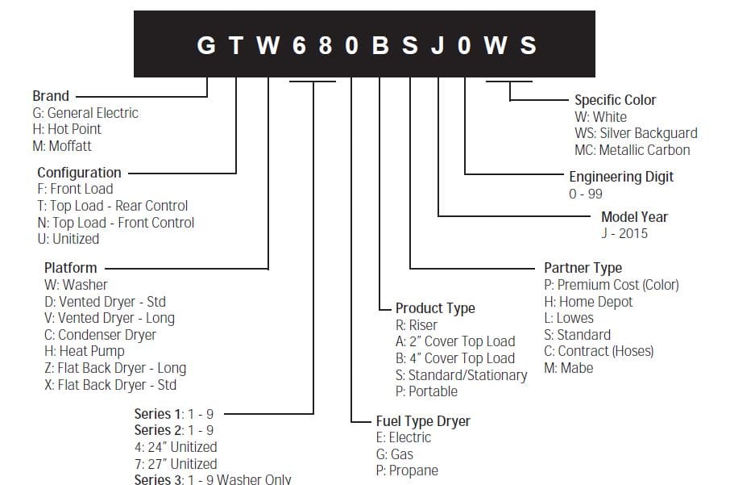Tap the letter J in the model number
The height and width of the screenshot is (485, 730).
[438, 45]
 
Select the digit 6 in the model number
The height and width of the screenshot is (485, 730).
[298, 45]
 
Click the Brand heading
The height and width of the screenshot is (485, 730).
[51, 96]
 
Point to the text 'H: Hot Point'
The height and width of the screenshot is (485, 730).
[68, 129]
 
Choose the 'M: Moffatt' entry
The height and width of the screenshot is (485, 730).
[62, 146]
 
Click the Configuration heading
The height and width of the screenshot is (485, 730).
[79, 173]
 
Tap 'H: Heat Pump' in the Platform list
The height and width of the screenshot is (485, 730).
[85, 351]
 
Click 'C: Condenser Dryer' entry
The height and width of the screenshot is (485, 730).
[101, 335]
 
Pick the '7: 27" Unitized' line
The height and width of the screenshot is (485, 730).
[176, 464]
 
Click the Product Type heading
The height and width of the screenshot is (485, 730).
[435, 308]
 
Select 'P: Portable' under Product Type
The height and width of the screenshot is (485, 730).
[427, 391]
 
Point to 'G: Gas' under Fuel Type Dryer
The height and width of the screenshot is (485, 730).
[395, 454]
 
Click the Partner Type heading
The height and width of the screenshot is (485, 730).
[583, 268]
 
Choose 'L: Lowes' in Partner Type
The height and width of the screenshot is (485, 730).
[569, 318]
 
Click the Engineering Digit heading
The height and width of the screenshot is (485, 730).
[621, 177]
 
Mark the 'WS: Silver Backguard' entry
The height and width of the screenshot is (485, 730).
[636, 133]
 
